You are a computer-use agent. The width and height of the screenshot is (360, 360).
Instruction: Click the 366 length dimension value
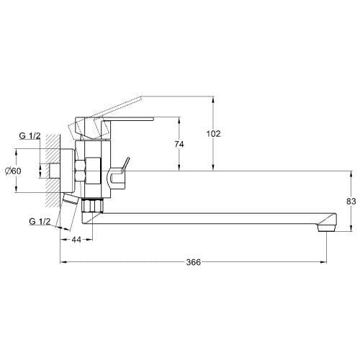[194, 262]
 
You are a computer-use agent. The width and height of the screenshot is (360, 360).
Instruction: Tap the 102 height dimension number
[213, 134]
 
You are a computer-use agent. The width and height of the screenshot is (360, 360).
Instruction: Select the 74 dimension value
[179, 144]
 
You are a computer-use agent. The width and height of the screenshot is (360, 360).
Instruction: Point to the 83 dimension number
[351, 202]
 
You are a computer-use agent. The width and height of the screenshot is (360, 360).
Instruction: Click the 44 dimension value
[76, 240]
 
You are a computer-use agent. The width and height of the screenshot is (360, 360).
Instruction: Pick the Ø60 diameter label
[13, 171]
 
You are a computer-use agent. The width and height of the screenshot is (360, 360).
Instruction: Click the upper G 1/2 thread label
[30, 136]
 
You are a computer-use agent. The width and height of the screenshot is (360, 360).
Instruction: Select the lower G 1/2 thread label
[40, 221]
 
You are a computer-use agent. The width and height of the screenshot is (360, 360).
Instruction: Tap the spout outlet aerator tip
[326, 228]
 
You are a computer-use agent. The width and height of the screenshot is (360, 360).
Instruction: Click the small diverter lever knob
[126, 163]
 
